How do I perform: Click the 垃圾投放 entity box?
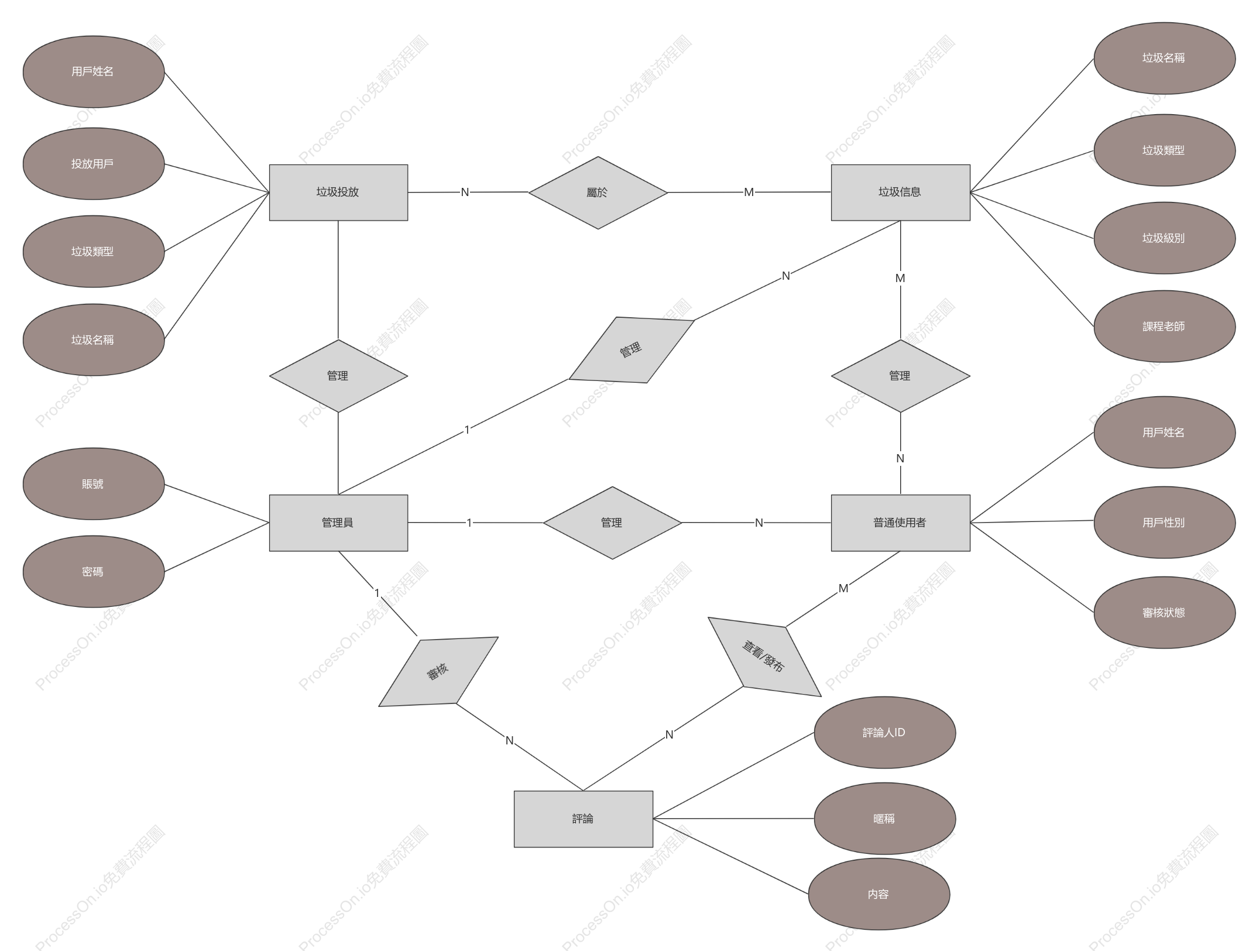[x=338, y=193]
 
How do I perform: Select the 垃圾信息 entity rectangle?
[x=900, y=193]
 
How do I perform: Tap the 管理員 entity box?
[x=338, y=523]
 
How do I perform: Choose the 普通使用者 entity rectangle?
[x=900, y=523]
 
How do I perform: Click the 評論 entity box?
[x=583, y=819]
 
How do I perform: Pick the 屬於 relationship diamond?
[x=598, y=193]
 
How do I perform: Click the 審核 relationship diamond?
[x=438, y=671]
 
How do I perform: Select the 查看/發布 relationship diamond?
[x=764, y=657]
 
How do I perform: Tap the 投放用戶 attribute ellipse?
[x=94, y=164]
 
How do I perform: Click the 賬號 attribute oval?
[x=94, y=484]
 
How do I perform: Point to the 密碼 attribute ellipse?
[x=94, y=572]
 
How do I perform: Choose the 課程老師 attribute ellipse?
[x=1164, y=327]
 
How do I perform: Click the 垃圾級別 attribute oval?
[x=1164, y=238]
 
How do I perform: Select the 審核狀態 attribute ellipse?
[x=1164, y=613]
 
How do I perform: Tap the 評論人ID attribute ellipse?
[x=884, y=733]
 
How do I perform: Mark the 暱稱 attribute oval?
[x=884, y=819]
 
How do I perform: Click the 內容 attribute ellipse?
[x=878, y=894]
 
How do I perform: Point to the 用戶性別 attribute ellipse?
[x=1164, y=523]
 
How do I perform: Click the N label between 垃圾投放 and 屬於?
[x=465, y=192]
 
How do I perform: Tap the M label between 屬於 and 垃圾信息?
[x=749, y=192]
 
